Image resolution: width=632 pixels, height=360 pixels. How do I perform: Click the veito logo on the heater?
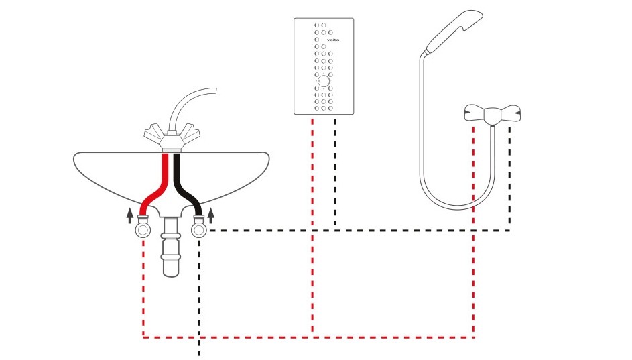pyautogui.click(x=333, y=40)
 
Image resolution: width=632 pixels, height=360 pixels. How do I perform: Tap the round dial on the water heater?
pyautogui.click(x=324, y=81)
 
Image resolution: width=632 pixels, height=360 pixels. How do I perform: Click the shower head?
pyautogui.click(x=454, y=31)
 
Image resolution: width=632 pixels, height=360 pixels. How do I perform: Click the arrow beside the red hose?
pyautogui.click(x=130, y=216)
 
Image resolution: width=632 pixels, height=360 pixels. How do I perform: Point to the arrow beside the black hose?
pyautogui.click(x=211, y=216)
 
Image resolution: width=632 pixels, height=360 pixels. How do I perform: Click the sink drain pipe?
pyautogui.click(x=171, y=247)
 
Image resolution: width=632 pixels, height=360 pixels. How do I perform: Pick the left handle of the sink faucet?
pyautogui.click(x=154, y=133)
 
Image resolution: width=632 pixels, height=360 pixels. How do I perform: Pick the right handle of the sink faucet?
pyautogui.click(x=190, y=133)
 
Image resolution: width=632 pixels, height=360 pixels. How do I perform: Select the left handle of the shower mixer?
pyautogui.click(x=475, y=113)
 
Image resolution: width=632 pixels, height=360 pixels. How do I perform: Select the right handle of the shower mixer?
pyautogui.click(x=510, y=113)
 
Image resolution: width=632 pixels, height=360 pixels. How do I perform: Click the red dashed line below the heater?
pyautogui.click(x=312, y=226)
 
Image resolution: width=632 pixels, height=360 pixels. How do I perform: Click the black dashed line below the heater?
pyautogui.click(x=335, y=172)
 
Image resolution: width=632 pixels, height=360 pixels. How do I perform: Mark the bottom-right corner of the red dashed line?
pyautogui.click(x=474, y=337)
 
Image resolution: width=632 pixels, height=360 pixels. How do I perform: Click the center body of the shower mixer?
pyautogui.click(x=492, y=116)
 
